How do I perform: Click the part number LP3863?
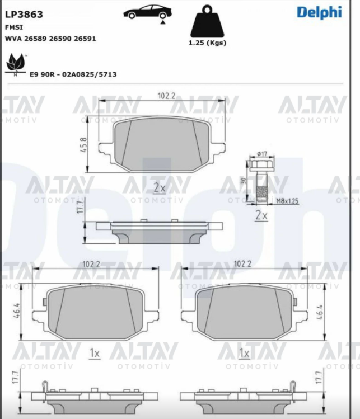point(24,14)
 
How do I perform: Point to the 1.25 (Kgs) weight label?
point(207,43)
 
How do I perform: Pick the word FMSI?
point(14,27)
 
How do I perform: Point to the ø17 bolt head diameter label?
point(261,154)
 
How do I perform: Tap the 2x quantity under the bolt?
point(261,215)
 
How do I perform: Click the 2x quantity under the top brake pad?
point(160,187)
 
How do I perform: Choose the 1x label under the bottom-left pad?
point(95,353)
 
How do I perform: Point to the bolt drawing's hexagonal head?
point(261,166)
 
